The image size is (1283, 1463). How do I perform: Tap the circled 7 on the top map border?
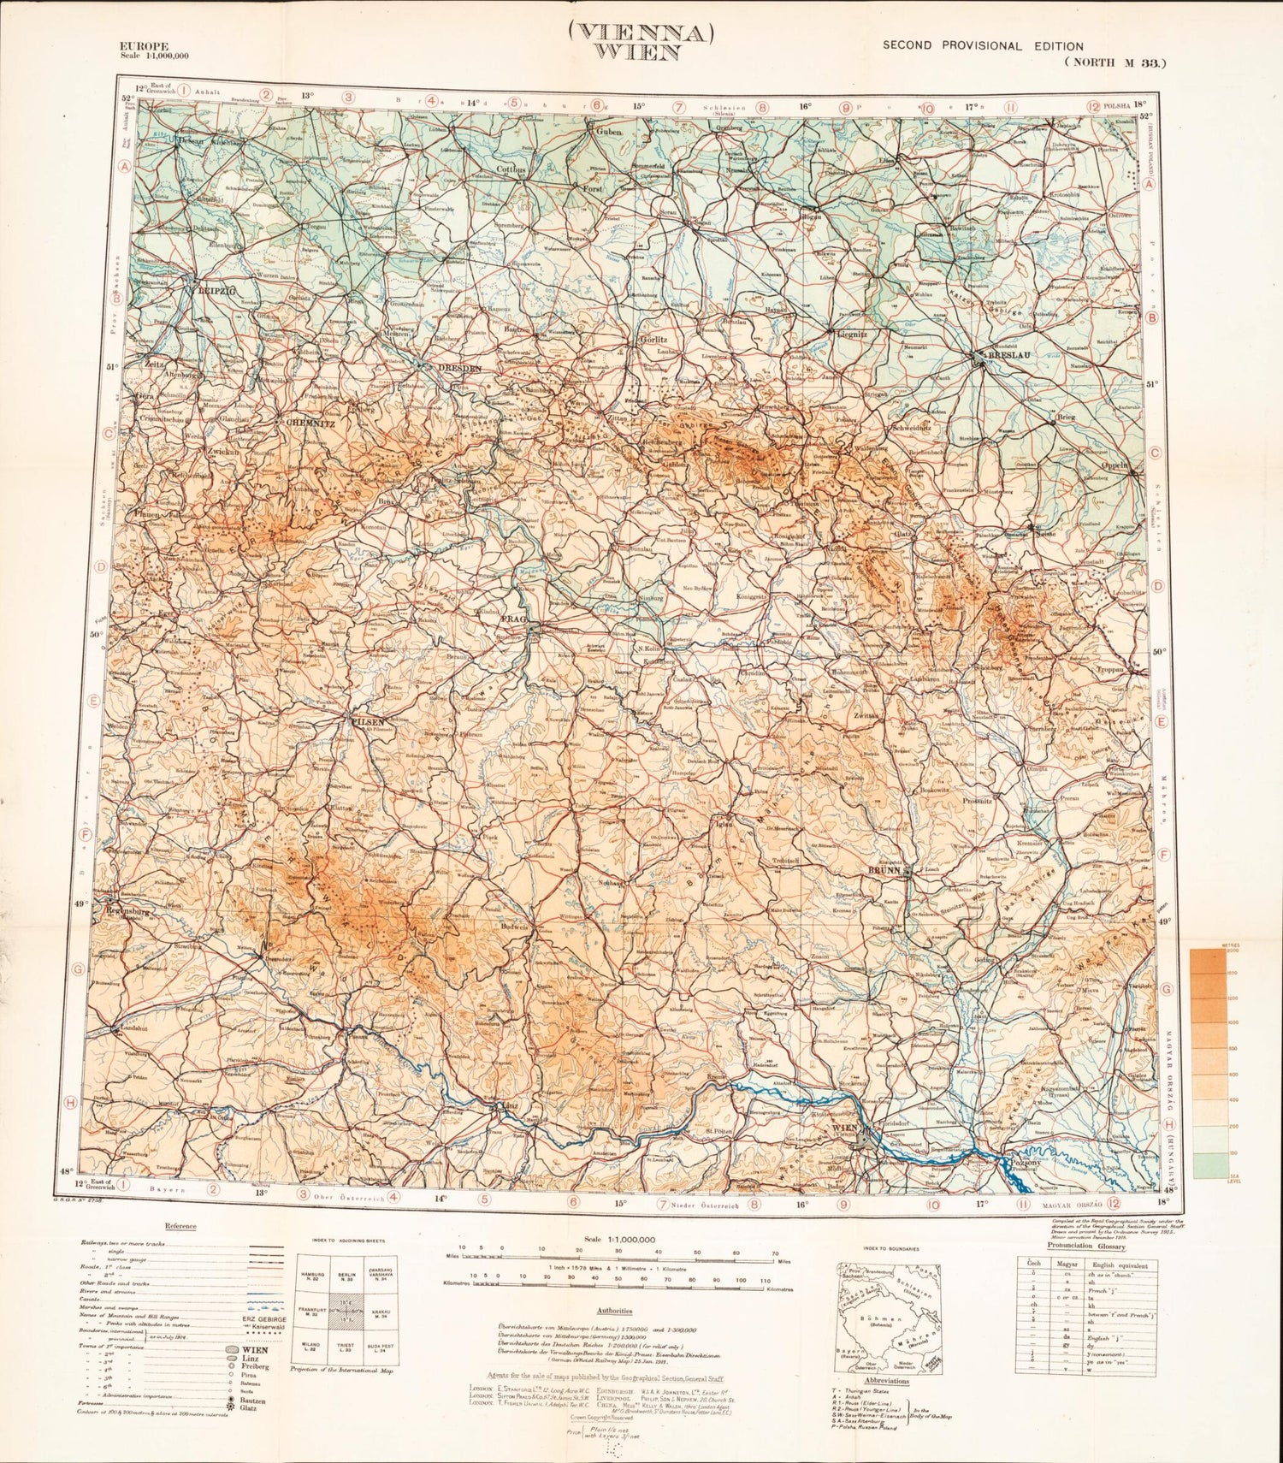(678, 108)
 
